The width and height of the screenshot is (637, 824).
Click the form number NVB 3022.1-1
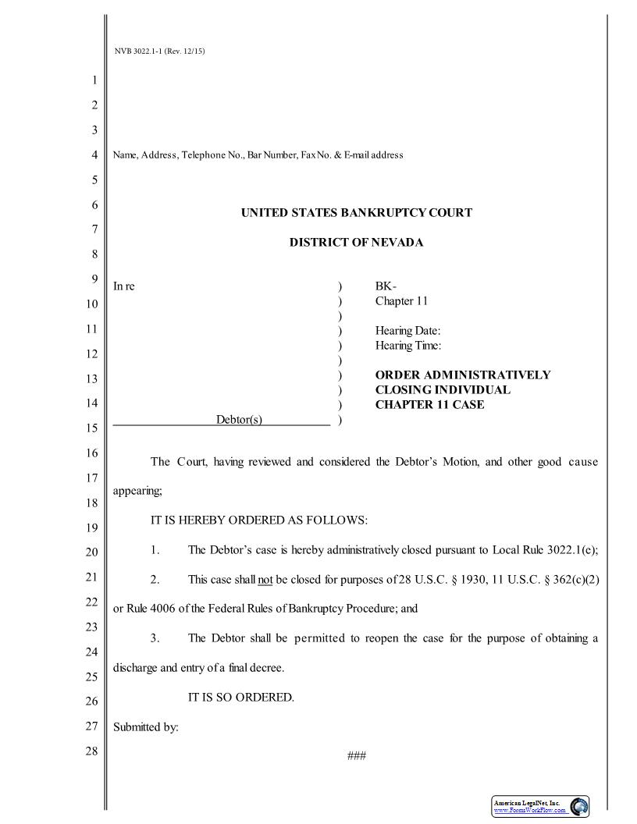tap(159, 51)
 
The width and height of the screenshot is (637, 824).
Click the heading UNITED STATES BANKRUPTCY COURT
tap(356, 212)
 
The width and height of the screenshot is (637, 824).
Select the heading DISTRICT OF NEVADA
tap(356, 243)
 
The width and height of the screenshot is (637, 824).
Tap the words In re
tap(124, 286)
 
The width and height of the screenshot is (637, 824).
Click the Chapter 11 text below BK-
tap(401, 301)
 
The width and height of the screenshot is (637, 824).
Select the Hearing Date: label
tap(407, 331)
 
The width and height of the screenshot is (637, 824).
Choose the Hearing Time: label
tap(407, 345)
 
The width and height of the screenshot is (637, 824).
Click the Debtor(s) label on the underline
tap(239, 420)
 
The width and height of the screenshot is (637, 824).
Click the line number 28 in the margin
tap(91, 751)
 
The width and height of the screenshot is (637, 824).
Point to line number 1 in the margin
tap(94, 80)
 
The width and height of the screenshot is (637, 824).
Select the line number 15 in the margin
tap(91, 428)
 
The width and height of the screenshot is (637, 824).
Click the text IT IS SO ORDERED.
tap(241, 697)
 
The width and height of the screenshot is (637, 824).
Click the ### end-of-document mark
tap(356, 755)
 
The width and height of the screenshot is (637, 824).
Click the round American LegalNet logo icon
tap(579, 807)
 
